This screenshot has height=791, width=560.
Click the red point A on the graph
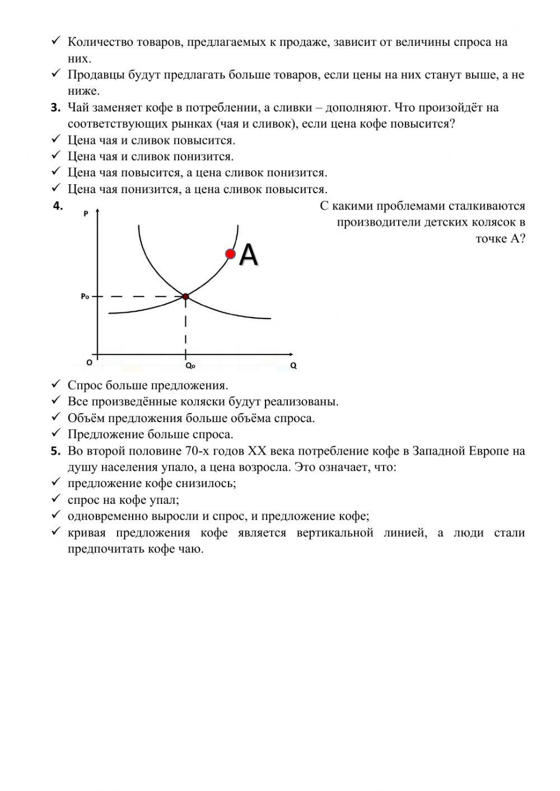point(230,254)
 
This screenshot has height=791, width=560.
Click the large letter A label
point(248,255)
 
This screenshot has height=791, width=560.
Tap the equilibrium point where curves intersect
point(185,296)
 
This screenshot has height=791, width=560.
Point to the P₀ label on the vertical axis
point(85,296)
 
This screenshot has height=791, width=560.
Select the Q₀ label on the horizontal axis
point(190,366)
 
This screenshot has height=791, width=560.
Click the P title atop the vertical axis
point(86,213)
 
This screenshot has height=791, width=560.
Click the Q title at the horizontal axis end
point(293,366)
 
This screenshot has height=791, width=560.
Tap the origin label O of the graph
point(89,363)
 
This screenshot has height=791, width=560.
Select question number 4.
point(57,206)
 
